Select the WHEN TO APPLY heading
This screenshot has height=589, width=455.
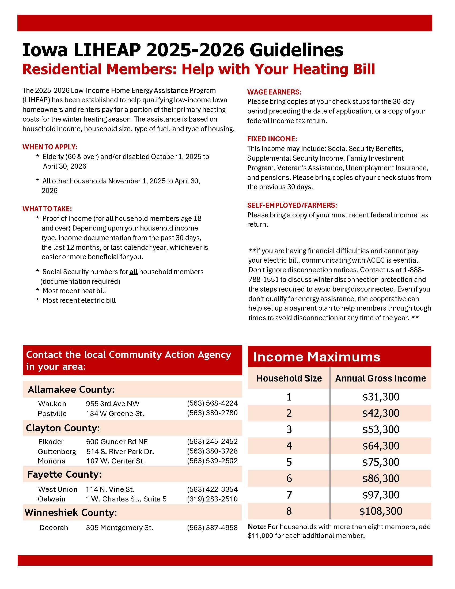50,147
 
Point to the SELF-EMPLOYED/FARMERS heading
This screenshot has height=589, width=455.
292,205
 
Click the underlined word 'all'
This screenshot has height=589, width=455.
134,272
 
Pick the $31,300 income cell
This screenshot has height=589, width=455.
380,397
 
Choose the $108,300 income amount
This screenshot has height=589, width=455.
380,511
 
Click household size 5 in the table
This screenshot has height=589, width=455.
289,462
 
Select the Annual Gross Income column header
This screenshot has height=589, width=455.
380,378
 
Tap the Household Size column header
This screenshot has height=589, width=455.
289,378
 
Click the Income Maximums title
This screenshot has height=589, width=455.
316,357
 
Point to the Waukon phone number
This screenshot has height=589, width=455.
212,403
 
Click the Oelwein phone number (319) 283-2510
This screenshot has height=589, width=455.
212,499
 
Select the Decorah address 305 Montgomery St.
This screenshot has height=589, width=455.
119,527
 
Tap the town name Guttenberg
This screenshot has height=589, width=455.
57,451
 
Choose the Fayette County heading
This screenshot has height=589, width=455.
64,474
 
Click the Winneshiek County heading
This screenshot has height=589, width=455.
71,512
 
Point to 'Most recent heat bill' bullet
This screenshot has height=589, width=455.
74,291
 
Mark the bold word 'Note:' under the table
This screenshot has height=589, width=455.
257,527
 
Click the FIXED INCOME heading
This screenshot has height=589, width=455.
272,139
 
